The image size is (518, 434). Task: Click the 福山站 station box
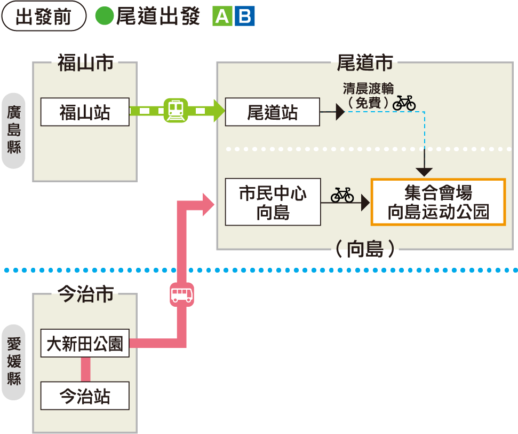[85, 112]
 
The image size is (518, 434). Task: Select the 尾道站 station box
[272, 112]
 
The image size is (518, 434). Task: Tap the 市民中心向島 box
[273, 202]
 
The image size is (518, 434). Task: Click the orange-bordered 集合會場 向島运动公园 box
[438, 202]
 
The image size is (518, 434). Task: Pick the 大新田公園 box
[85, 343]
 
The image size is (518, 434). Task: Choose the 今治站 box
[85, 396]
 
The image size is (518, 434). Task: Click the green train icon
[176, 111]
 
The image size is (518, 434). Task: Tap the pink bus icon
[181, 294]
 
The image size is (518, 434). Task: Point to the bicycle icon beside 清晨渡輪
[404, 102]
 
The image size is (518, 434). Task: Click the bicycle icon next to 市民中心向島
[342, 195]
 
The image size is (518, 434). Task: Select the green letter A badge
[222, 16]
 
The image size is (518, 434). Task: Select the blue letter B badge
[245, 16]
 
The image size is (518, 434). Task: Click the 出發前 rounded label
[44, 16]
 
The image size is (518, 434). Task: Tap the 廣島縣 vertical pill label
[14, 130]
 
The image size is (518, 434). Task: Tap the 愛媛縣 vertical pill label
[14, 362]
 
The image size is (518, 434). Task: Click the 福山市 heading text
[85, 63]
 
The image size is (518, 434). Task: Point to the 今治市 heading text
[85, 294]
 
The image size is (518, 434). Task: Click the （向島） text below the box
[365, 249]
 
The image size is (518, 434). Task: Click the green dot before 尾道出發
[105, 16]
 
